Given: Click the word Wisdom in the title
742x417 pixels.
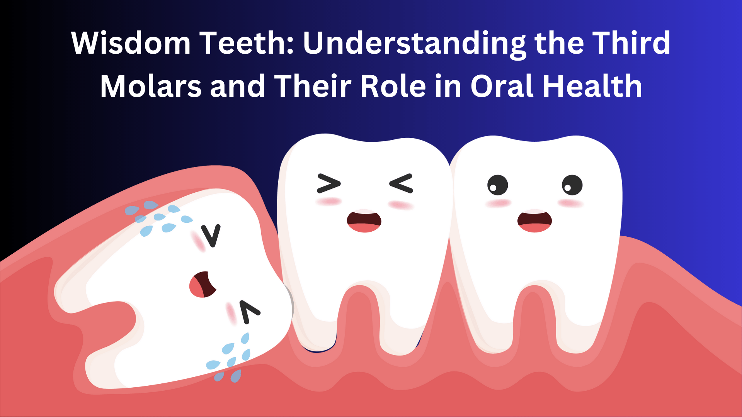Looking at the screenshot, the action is coord(131,42).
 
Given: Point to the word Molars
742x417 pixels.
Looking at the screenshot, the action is coord(151,86).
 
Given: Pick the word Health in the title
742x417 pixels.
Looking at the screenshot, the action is coord(592,86).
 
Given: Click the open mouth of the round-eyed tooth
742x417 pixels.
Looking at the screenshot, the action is coord(534,221).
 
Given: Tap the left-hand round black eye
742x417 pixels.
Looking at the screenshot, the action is coord(497,185).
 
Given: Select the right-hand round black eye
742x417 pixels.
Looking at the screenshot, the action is coord(572,185).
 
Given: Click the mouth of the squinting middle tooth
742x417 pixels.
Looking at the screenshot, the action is coord(364,221).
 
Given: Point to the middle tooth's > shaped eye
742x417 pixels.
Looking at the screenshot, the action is coord(329,183).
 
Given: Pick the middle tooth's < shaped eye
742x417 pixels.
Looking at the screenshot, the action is coord(401,183).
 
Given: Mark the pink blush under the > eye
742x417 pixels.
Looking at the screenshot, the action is coord(329,202).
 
